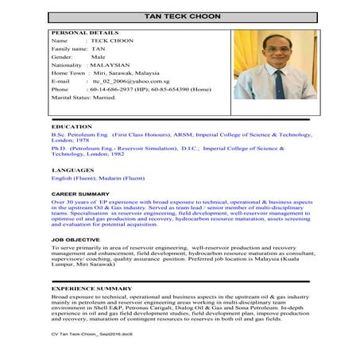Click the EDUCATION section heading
71,126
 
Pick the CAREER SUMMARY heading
80,193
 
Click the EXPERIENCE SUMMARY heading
90,286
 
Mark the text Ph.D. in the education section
58,148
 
